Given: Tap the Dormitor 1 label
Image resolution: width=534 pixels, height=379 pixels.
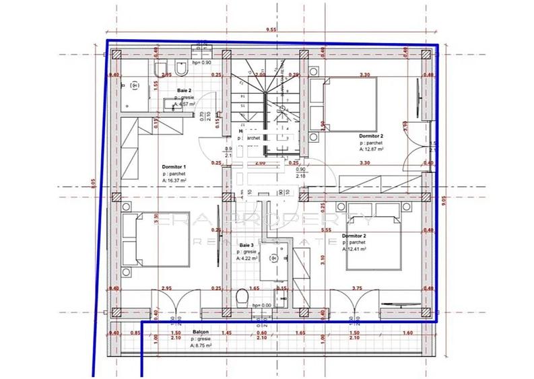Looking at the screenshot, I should [x=174, y=166].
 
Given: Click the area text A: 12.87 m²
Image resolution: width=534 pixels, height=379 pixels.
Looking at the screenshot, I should [x=371, y=149].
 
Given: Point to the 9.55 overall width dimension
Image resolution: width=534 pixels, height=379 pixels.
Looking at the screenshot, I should [x=271, y=30].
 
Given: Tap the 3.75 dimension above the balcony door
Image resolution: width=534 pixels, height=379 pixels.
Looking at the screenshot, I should [x=358, y=288].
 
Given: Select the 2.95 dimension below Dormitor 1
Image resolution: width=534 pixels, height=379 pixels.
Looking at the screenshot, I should [x=166, y=288].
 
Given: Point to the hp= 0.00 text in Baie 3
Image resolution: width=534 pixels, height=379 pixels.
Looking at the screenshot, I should [x=261, y=305].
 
